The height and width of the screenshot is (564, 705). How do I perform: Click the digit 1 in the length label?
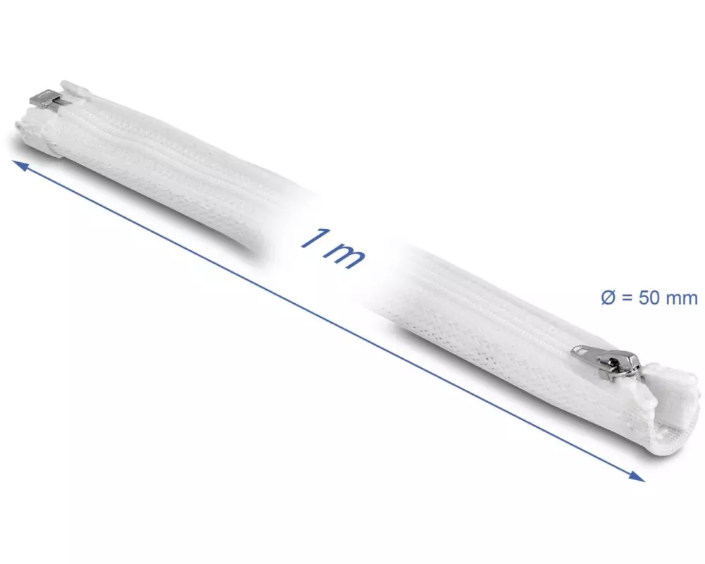point(314,238)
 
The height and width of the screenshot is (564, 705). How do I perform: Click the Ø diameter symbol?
point(608,298)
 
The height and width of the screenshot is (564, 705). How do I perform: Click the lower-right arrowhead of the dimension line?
point(636,475)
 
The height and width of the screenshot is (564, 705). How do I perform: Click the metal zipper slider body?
point(625,365)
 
